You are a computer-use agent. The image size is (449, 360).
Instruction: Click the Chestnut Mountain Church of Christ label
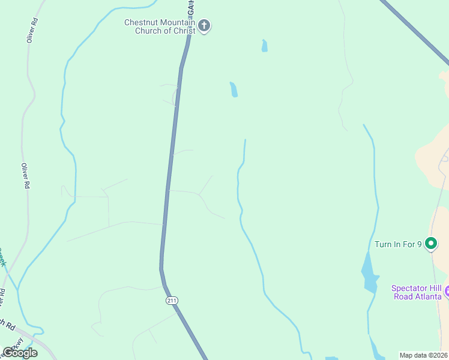160,27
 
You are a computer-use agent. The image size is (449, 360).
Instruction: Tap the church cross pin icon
204,26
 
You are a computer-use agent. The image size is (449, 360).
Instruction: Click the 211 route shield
172,300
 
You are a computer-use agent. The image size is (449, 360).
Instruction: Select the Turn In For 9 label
398,244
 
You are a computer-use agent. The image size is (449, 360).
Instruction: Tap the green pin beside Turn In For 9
430,244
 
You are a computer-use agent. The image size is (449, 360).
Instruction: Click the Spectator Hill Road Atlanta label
417,292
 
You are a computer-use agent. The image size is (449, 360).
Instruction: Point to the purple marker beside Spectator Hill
447,292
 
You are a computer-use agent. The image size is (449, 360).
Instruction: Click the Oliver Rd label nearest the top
32,29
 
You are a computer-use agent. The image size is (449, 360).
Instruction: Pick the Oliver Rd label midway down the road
25,176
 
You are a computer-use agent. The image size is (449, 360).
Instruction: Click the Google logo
19,353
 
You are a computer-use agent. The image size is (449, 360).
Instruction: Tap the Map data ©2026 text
424,355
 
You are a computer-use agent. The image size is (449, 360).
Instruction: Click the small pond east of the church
264,46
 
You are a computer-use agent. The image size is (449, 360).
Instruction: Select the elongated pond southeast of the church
234,89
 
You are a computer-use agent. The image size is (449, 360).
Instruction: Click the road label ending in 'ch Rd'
7,324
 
